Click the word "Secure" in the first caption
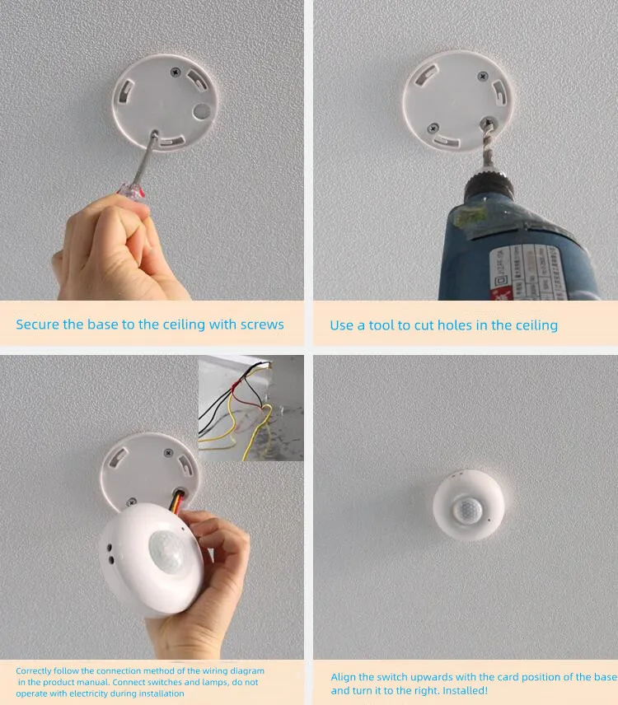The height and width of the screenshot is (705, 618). (37, 324)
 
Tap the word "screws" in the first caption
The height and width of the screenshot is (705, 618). (260, 324)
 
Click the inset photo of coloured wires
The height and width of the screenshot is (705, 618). (250, 409)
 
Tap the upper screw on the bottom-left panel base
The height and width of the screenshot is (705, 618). (167, 452)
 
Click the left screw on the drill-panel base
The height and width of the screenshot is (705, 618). (433, 128)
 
